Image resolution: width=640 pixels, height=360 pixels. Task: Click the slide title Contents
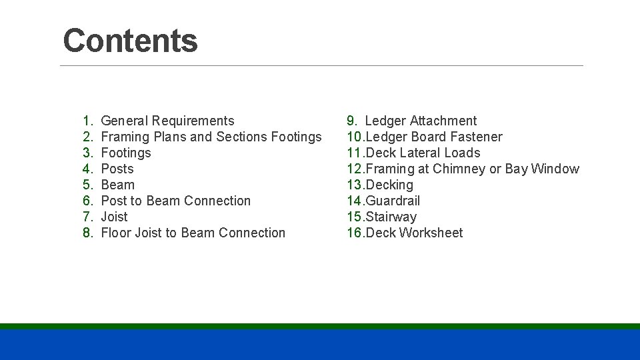click(130, 41)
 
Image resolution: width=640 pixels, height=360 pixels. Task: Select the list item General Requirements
click(167, 121)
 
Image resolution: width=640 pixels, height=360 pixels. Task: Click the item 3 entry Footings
click(125, 153)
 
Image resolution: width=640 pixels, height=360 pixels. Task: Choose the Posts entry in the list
click(117, 169)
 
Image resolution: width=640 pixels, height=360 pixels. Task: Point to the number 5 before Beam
click(87, 185)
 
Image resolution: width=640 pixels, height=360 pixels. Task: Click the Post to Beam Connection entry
click(175, 201)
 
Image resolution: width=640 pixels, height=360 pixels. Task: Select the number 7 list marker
click(87, 217)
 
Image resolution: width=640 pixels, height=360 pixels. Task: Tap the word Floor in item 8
click(116, 233)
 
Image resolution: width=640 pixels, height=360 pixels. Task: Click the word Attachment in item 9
click(443, 121)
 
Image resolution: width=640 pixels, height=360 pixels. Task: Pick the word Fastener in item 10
click(476, 137)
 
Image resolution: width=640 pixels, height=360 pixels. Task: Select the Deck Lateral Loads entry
click(423, 153)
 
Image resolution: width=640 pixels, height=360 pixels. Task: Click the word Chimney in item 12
click(459, 169)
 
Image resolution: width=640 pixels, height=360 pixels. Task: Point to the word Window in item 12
click(555, 169)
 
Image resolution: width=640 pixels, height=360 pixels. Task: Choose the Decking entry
click(389, 185)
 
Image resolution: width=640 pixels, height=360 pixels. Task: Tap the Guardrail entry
click(393, 201)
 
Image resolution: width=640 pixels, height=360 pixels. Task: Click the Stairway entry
click(391, 217)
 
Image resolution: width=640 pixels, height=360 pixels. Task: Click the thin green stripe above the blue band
click(320, 326)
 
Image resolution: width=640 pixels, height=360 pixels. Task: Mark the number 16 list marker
click(355, 233)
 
